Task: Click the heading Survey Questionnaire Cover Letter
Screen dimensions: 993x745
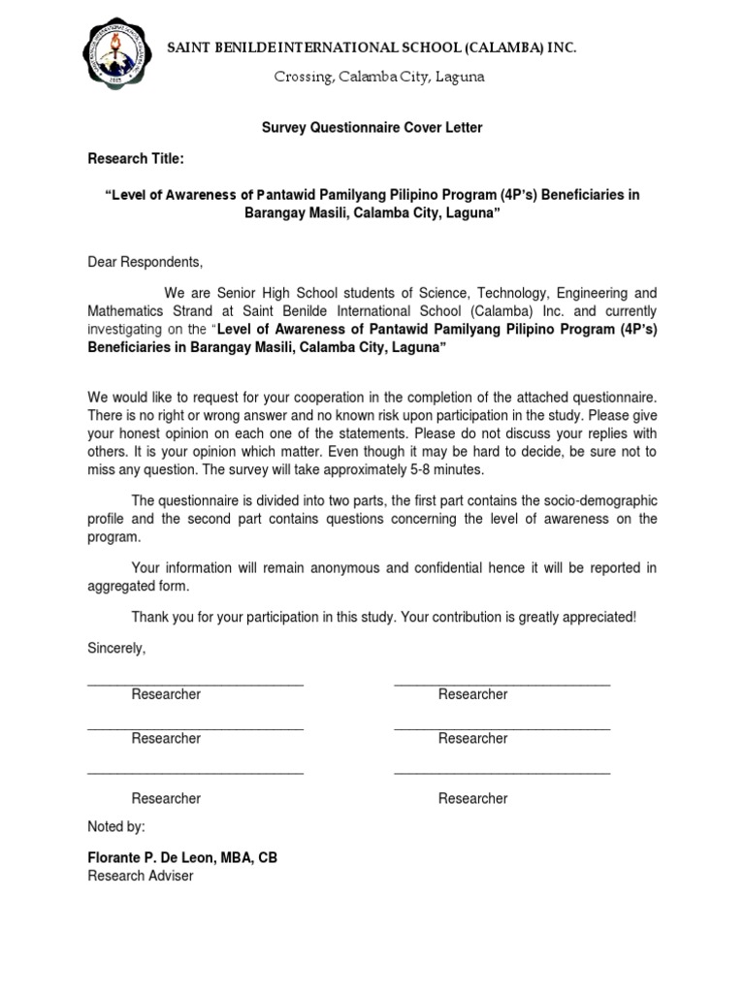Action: click(x=372, y=128)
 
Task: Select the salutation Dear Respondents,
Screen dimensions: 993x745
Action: click(x=146, y=262)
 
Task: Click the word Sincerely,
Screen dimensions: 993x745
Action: click(x=116, y=648)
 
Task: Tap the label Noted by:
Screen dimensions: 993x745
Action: click(x=116, y=827)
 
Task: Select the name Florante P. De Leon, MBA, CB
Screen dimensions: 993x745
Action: click(x=182, y=858)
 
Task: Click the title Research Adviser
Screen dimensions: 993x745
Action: click(x=141, y=876)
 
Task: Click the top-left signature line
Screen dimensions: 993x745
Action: click(x=195, y=684)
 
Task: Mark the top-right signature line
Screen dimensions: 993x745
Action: click(x=502, y=684)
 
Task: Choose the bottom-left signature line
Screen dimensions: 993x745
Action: click(x=195, y=773)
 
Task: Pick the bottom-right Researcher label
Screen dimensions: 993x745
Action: click(x=472, y=798)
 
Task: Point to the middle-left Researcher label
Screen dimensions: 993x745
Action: click(x=166, y=738)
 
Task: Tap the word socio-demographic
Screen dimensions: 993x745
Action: click(x=594, y=500)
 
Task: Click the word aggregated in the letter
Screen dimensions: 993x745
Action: click(x=125, y=587)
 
